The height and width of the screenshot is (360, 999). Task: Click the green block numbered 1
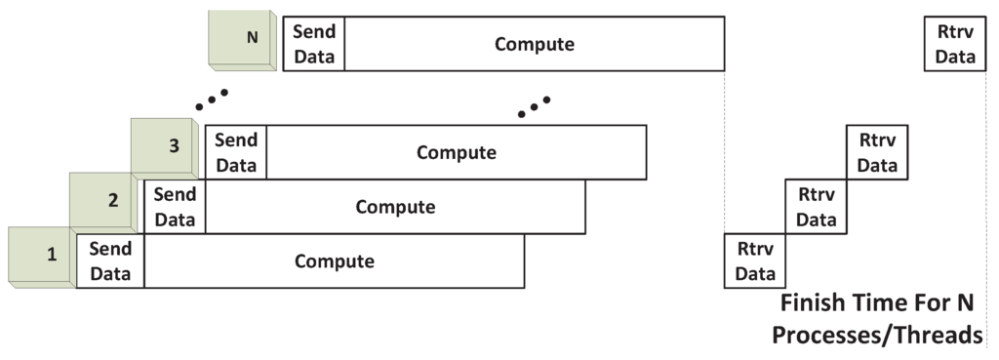[x=41, y=257]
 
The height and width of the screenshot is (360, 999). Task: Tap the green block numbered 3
[x=165, y=147]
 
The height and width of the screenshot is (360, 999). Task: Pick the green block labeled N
[x=244, y=41]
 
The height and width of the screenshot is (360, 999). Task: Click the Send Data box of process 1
[x=110, y=261]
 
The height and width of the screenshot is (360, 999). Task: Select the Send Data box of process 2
[x=175, y=207]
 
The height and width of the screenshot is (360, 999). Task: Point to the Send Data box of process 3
[x=236, y=152]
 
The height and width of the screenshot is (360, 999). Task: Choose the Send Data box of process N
[x=314, y=44]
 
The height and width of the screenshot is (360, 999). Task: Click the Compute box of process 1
[x=335, y=261]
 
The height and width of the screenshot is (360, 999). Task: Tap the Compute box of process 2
[x=395, y=207]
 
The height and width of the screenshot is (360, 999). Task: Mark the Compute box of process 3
[x=457, y=152]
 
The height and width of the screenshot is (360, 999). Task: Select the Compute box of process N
[x=535, y=44]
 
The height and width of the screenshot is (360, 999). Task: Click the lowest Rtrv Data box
[x=755, y=261]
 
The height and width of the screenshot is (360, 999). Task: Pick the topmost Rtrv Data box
[x=955, y=44]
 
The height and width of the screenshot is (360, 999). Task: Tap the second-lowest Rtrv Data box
[x=817, y=207]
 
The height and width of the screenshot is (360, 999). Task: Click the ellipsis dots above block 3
[x=212, y=99]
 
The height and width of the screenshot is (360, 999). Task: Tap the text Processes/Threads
[x=877, y=335]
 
